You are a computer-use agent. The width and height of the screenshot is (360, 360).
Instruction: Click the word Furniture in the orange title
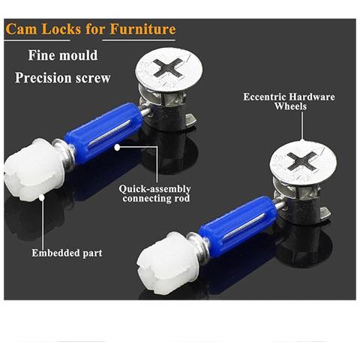142,29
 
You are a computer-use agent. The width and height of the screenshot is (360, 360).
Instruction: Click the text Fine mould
63,55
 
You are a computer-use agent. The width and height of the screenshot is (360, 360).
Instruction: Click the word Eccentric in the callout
265,97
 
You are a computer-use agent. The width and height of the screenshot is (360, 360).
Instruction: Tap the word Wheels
290,106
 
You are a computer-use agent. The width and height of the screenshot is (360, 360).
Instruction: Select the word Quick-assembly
154,189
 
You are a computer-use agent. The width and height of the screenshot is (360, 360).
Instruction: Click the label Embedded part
67,253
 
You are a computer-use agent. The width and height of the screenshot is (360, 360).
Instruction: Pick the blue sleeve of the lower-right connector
238,226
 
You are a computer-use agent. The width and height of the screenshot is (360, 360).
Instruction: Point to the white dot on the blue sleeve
117,148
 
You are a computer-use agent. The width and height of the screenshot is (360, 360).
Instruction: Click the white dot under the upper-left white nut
42,197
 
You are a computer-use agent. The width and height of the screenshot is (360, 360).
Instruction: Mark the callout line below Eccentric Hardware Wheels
302,127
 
